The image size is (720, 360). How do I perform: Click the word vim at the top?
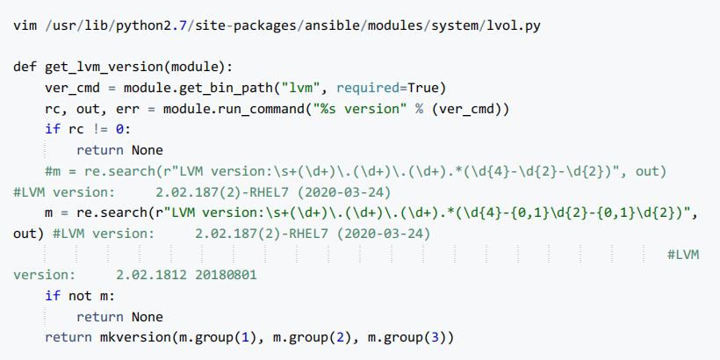coord(25,25)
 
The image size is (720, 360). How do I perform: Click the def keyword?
coord(25,68)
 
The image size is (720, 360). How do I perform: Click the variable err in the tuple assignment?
coord(122,109)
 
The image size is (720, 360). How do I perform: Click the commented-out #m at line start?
coord(53,170)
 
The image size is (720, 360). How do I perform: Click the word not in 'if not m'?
coord(79,296)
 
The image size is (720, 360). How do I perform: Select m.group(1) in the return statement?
coord(215,338)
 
